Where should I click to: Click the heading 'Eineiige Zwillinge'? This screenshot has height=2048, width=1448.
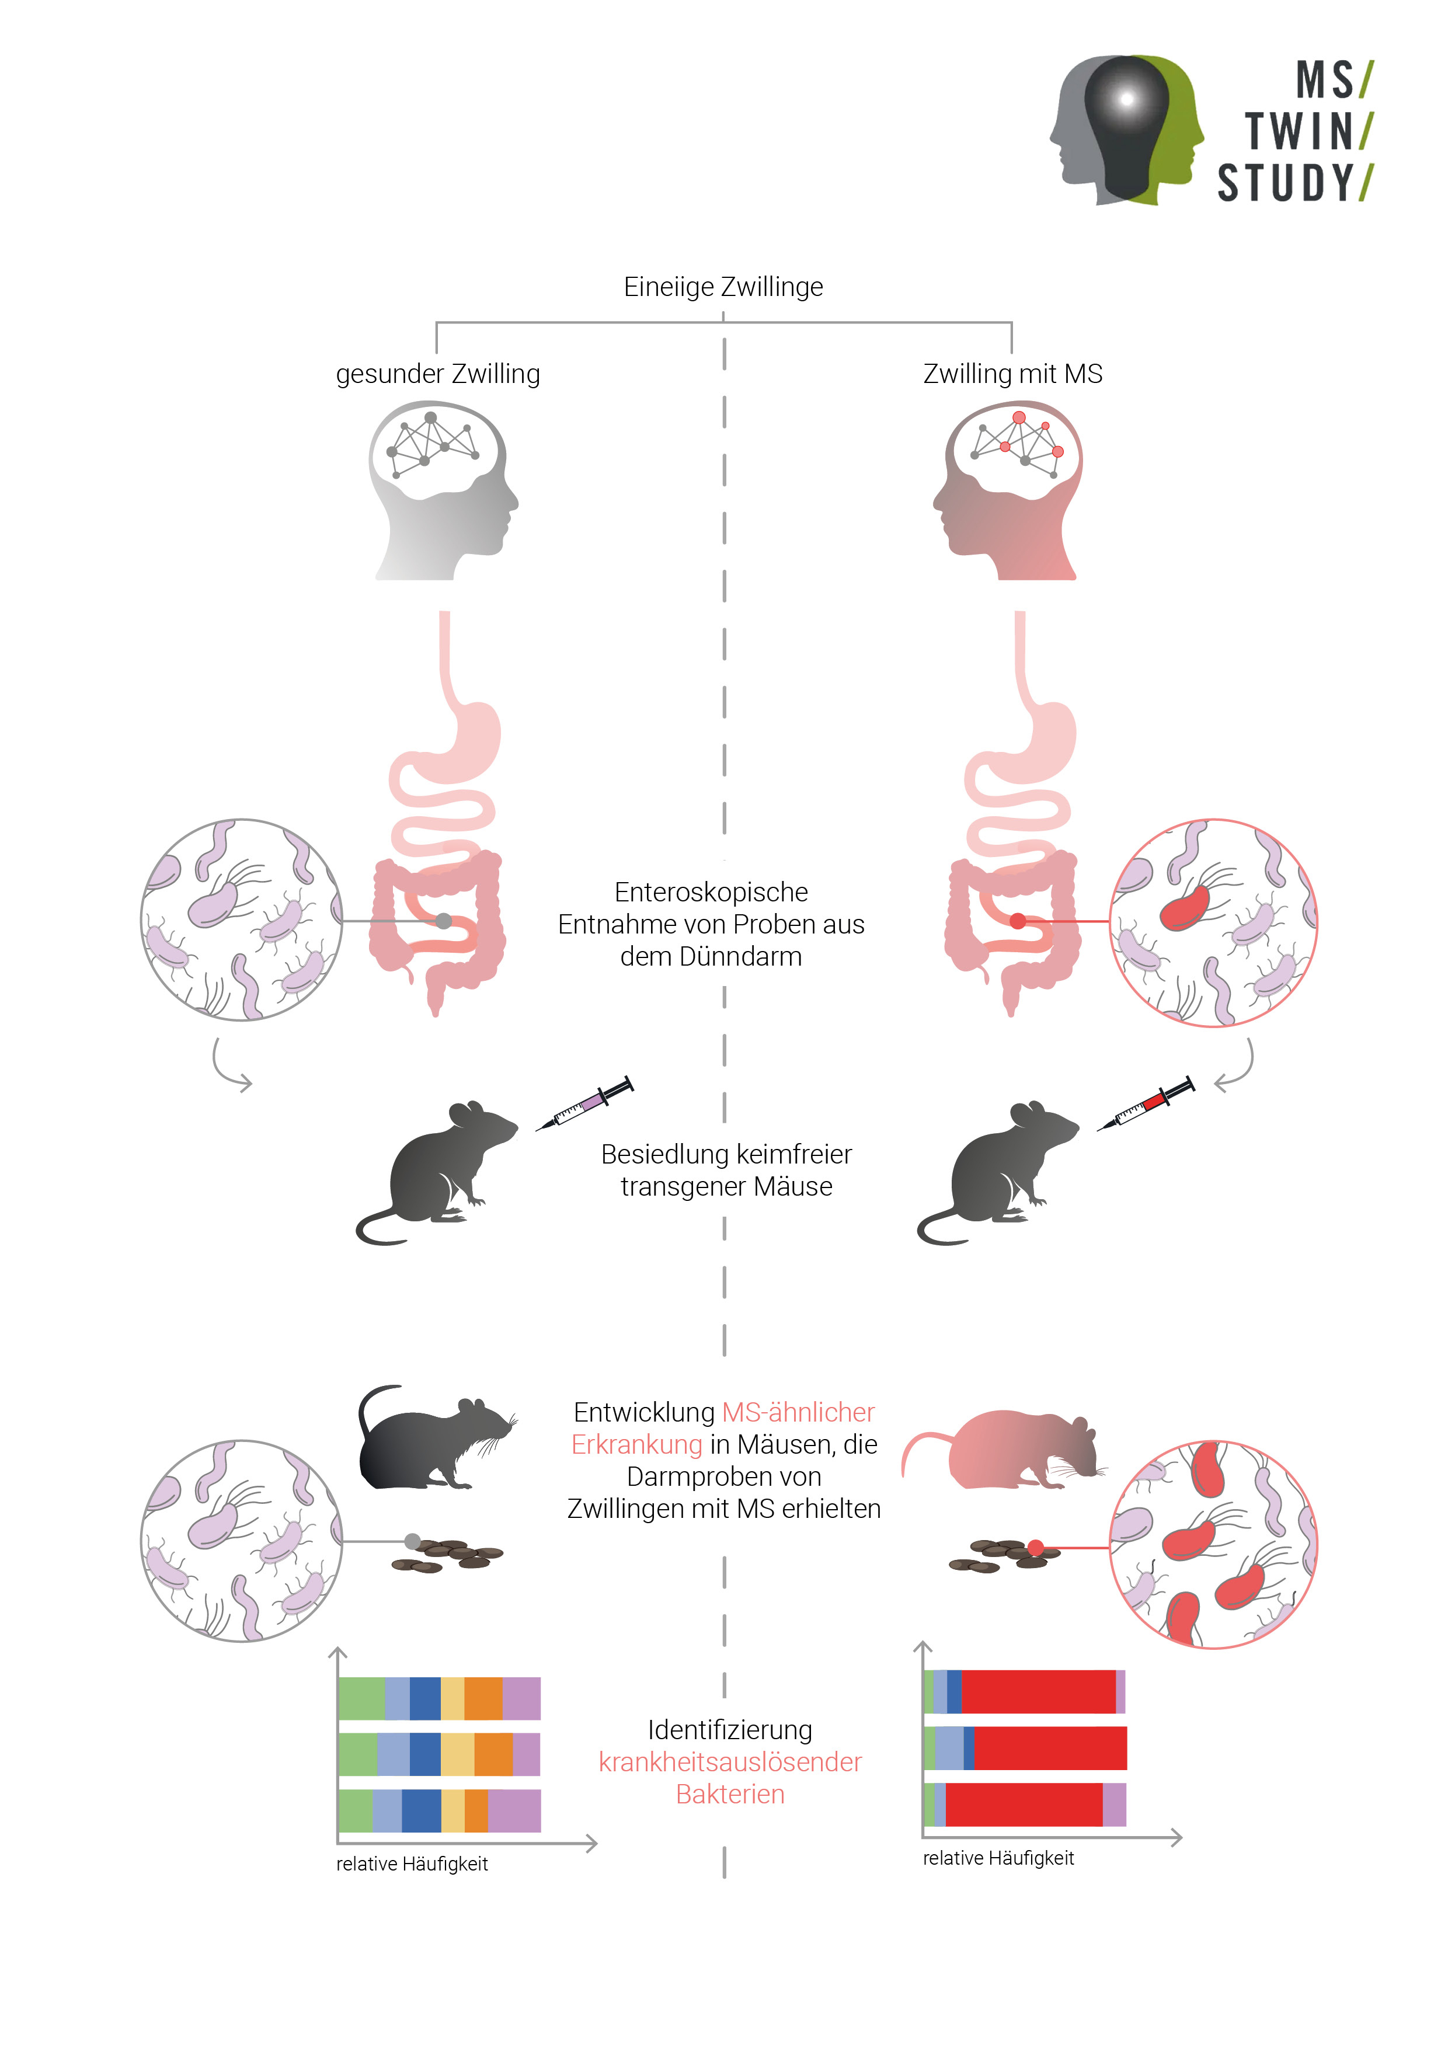click(x=723, y=287)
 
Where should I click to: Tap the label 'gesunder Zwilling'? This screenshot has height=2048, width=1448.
click(x=437, y=374)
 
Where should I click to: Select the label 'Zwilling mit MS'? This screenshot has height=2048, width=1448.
click(x=1012, y=374)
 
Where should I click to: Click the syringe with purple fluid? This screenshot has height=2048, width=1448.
click(x=584, y=1103)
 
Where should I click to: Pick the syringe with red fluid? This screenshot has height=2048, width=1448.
click(x=1146, y=1103)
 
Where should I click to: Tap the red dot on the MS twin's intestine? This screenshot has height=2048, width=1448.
click(x=1017, y=921)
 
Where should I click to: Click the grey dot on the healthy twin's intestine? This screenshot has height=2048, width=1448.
click(x=443, y=921)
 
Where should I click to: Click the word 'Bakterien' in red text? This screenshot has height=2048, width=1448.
click(x=730, y=1794)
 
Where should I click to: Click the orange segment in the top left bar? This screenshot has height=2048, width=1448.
click(x=483, y=1698)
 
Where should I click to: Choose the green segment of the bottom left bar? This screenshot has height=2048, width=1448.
click(x=355, y=1811)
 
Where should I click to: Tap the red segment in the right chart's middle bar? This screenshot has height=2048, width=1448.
click(x=1049, y=1749)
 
